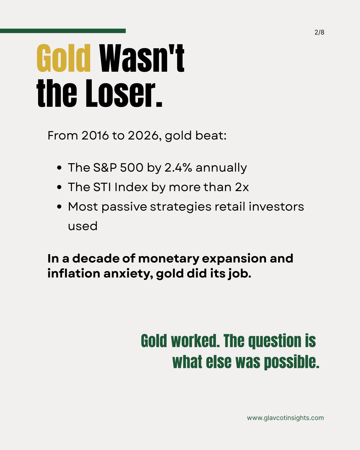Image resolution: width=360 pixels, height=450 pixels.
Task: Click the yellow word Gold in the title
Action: click(x=64, y=58)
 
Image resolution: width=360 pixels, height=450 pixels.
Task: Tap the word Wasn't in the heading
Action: click(x=142, y=58)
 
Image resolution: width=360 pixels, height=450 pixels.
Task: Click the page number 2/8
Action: click(x=319, y=32)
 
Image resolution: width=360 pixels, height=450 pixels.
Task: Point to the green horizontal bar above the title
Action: click(x=63, y=31)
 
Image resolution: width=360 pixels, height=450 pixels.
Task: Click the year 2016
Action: click(x=95, y=136)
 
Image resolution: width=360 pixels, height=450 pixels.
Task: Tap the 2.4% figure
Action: click(x=178, y=168)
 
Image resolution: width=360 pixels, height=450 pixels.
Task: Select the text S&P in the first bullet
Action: click(x=105, y=168)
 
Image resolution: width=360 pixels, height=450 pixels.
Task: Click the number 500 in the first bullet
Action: click(x=132, y=168)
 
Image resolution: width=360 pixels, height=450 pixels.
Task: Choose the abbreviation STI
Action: click(x=102, y=187)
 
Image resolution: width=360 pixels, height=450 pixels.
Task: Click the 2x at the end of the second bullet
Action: click(x=242, y=187)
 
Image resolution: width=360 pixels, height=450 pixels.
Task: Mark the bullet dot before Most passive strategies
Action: click(x=59, y=207)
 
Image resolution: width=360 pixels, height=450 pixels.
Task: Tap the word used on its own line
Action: click(x=82, y=226)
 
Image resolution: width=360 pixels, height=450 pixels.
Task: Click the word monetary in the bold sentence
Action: click(x=169, y=259)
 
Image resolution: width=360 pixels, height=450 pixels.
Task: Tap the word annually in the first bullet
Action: click(x=221, y=168)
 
